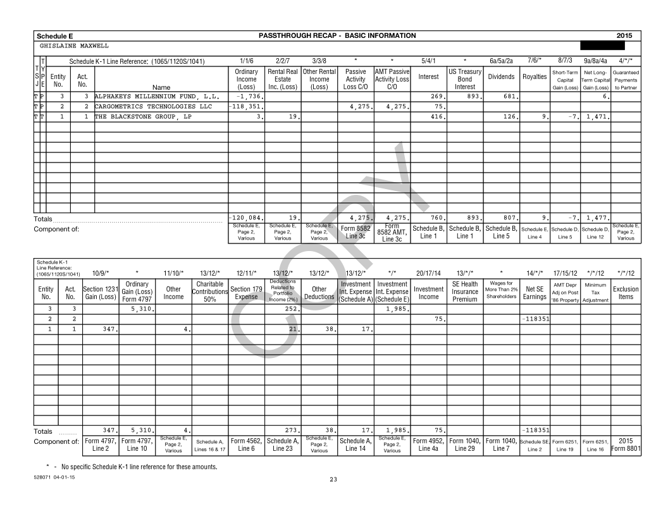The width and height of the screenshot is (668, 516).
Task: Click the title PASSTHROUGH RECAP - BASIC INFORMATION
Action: coord(337,35)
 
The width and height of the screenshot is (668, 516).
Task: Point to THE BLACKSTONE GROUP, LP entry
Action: coord(143,116)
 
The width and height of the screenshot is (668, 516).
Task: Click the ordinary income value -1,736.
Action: coord(249,96)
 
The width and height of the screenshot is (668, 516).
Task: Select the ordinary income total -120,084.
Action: coord(247,218)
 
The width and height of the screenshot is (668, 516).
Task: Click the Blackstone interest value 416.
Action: coord(435,116)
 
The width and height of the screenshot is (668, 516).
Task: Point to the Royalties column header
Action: coord(535,77)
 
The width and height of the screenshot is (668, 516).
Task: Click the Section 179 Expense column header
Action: coord(246,293)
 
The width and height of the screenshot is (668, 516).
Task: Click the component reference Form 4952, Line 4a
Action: coord(428,445)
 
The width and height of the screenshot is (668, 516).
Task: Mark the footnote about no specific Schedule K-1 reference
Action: coord(127,467)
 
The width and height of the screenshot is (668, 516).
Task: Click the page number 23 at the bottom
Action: coord(333,479)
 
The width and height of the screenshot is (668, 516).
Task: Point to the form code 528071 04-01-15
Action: coord(56,476)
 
